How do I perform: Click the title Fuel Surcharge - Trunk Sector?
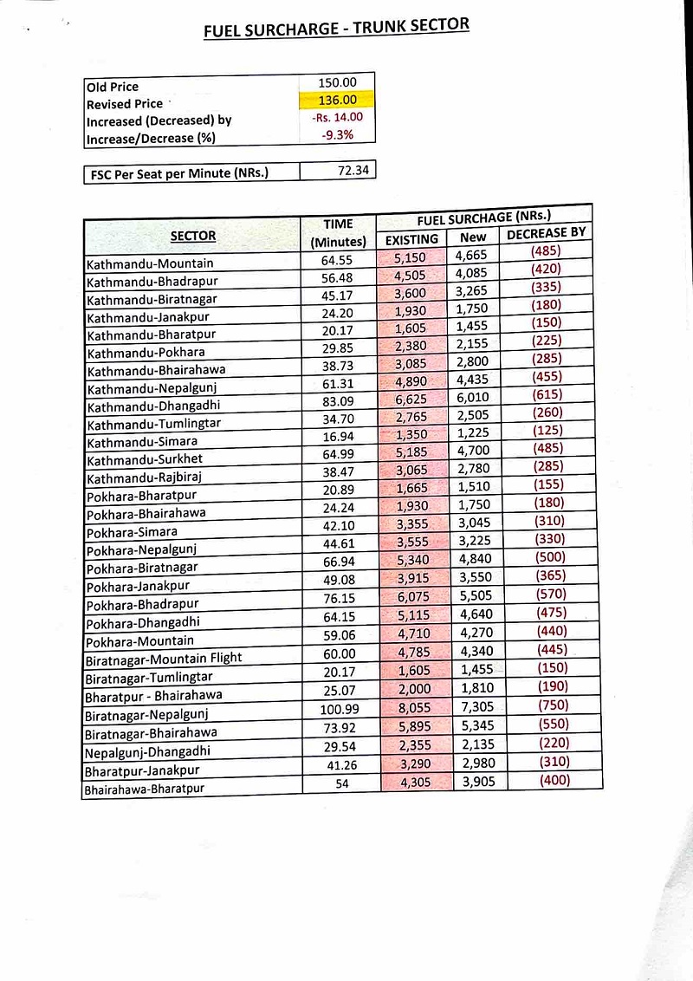pyautogui.click(x=336, y=28)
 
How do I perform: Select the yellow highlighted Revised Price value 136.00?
pyautogui.click(x=337, y=100)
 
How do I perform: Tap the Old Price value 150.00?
pyautogui.click(x=337, y=82)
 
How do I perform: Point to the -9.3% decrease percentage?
pyautogui.click(x=337, y=134)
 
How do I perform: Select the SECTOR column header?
pyautogui.click(x=193, y=235)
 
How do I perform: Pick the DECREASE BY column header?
pyautogui.click(x=547, y=232)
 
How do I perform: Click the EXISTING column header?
pyautogui.click(x=411, y=239)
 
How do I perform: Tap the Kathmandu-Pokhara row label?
pyautogui.click(x=133, y=353)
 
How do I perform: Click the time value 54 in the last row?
pyautogui.click(x=340, y=783)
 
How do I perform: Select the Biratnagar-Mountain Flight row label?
pyautogui.click(x=163, y=658)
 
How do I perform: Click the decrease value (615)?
pyautogui.click(x=547, y=393)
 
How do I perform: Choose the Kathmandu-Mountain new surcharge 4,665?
pyautogui.click(x=472, y=255)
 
